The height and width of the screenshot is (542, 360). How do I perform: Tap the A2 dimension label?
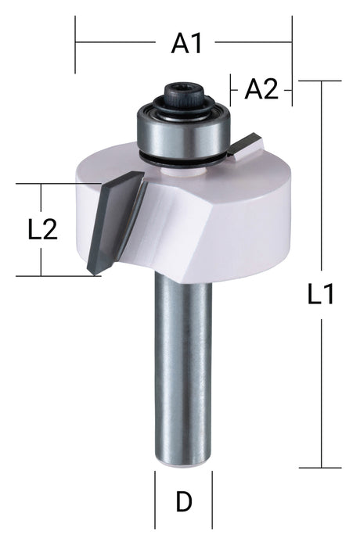click(x=261, y=90)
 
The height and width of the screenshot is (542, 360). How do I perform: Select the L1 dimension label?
click(x=321, y=295)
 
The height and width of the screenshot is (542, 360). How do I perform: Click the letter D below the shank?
click(x=184, y=501)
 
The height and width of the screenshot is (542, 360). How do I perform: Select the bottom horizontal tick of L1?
click(x=321, y=468)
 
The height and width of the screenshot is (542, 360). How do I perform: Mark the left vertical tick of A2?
click(x=231, y=89)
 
